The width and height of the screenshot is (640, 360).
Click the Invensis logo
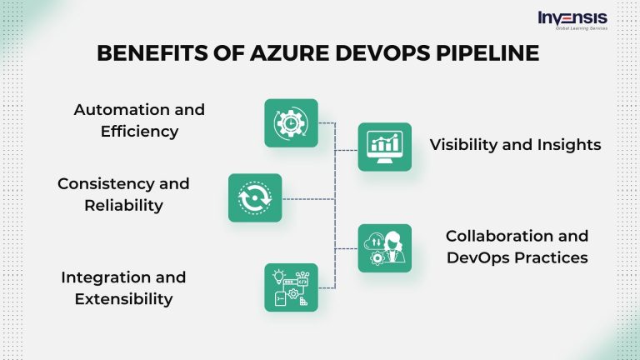pyautogui.click(x=572, y=20)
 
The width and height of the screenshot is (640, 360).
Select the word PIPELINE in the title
pyautogui.click(x=486, y=53)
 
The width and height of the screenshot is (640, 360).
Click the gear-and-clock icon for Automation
pyautogui.click(x=291, y=123)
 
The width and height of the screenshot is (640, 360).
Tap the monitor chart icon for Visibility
pyautogui.click(x=384, y=147)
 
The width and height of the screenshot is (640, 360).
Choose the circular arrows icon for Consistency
pyautogui.click(x=255, y=197)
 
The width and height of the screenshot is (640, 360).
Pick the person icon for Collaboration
pyautogui.click(x=384, y=248)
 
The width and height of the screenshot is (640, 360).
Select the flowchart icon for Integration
pyautogui.click(x=291, y=287)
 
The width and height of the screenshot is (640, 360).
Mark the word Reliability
pyautogui.click(x=123, y=205)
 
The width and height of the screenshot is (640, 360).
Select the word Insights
pyautogui.click(x=569, y=145)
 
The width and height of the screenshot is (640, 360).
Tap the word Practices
pyautogui.click(x=552, y=257)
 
